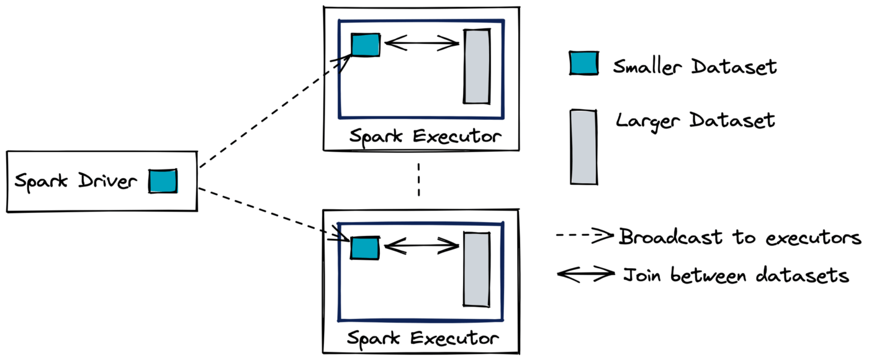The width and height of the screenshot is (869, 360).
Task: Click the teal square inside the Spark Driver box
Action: pyautogui.click(x=163, y=181)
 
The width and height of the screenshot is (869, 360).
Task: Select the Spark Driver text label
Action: pyautogui.click(x=76, y=182)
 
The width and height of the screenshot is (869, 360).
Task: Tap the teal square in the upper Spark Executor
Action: pyautogui.click(x=366, y=45)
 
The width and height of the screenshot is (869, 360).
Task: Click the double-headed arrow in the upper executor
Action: pyautogui.click(x=421, y=43)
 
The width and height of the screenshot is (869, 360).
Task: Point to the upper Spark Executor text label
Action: pyautogui.click(x=424, y=135)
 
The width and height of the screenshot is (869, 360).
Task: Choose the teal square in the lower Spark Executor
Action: pyautogui.click(x=364, y=248)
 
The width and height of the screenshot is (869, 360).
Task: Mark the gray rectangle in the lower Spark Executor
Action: pyautogui.click(x=477, y=268)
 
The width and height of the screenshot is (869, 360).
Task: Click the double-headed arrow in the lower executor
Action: pyautogui.click(x=421, y=246)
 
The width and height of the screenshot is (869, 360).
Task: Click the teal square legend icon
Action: pyautogui.click(x=583, y=63)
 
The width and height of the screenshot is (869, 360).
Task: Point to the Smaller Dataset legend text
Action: pyautogui.click(x=694, y=66)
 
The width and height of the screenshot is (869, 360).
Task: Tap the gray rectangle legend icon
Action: pyautogui.click(x=583, y=147)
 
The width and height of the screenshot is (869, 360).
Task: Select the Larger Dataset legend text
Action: pyautogui.click(x=695, y=120)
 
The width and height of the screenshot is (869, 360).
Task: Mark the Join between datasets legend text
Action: pyautogui.click(x=736, y=274)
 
